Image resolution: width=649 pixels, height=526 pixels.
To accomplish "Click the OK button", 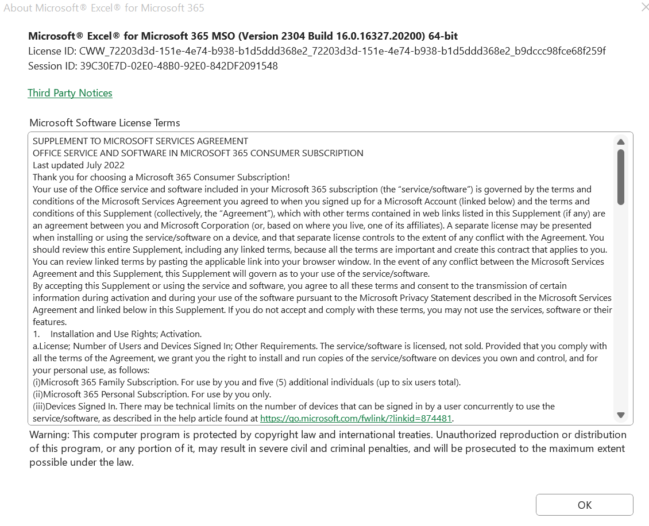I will [584, 505].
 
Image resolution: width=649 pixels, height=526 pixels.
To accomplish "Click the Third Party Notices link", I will [70, 93].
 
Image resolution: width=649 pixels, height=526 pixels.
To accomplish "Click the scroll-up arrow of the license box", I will [620, 142].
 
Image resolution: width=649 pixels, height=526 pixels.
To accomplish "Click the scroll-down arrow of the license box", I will [620, 415].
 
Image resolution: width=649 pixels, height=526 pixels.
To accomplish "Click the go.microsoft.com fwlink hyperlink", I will [356, 419].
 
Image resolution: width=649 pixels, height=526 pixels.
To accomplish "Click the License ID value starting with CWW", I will [342, 51].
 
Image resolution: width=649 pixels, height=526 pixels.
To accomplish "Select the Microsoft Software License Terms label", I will [105, 123].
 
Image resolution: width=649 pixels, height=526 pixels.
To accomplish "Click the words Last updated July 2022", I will [79, 165].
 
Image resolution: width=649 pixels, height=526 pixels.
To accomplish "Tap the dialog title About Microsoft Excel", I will [103, 8].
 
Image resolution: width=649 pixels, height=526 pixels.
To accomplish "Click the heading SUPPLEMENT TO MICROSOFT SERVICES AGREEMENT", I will [140, 141].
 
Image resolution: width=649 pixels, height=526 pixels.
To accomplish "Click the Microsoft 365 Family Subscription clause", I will [247, 382].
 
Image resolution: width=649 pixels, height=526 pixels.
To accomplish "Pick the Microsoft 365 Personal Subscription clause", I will [157, 394].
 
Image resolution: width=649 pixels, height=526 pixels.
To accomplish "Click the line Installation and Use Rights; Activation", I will [126, 334].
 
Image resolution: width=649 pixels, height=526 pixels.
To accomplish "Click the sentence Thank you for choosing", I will [161, 177].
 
